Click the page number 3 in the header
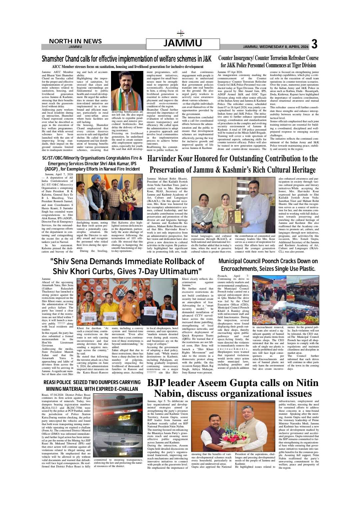314,44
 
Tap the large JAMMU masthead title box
183,44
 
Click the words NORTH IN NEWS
75,41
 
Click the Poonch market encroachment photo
285,296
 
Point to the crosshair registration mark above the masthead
180,34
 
